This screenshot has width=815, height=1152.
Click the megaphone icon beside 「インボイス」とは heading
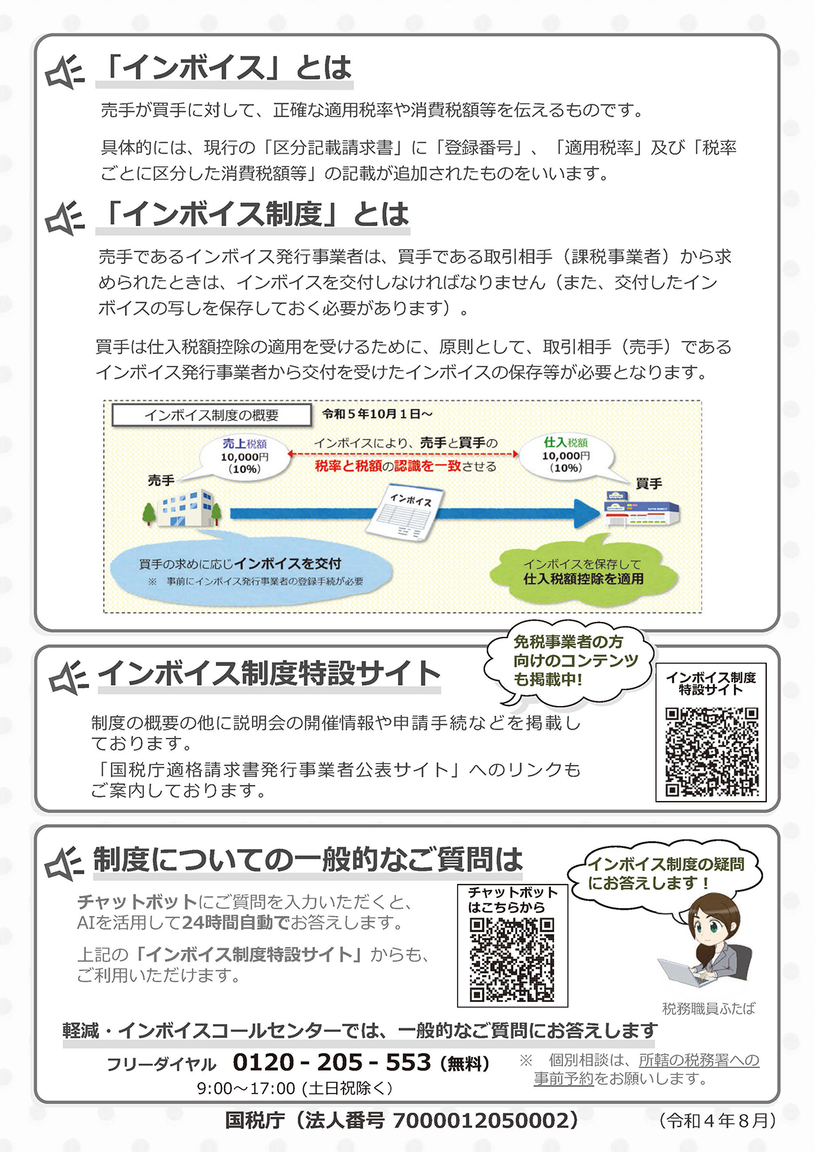click(x=65, y=71)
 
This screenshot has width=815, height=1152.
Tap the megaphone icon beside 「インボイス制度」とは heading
click(x=65, y=218)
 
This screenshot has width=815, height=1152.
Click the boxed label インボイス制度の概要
click(x=211, y=415)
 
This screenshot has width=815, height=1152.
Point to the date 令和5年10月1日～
click(x=377, y=414)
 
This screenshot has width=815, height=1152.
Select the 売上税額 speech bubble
click(x=244, y=456)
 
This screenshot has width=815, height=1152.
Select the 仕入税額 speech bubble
click(x=566, y=456)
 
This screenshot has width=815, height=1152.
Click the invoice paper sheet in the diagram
click(x=405, y=513)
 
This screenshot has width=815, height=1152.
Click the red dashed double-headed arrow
click(x=403, y=454)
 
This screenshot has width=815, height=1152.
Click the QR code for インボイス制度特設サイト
click(x=712, y=752)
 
